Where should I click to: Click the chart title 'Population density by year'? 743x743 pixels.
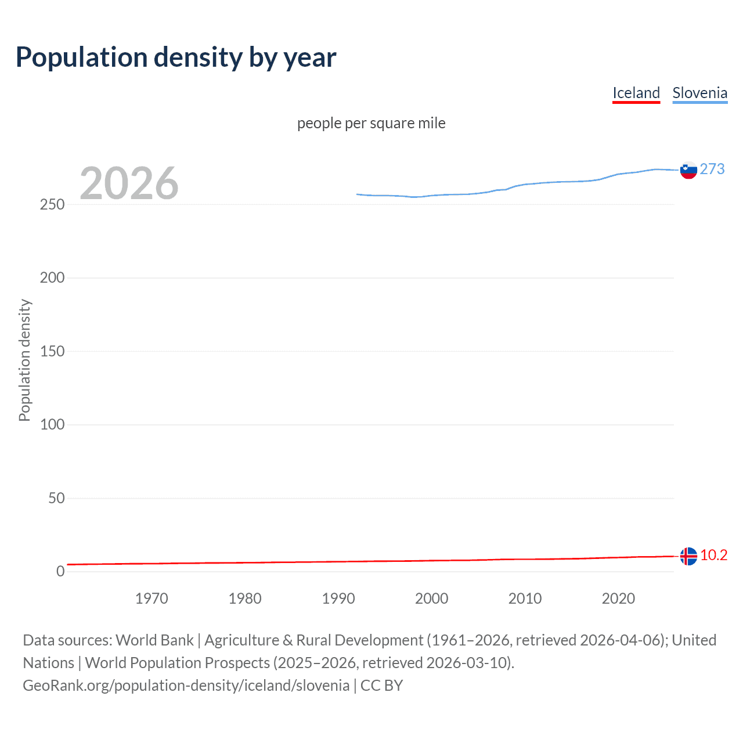pos(176,57)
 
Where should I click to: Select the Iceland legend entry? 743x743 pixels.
pos(636,93)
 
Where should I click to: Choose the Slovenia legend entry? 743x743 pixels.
pos(699,93)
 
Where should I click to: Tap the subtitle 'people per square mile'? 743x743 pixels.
pos(371,123)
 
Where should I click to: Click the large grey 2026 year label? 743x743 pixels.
pos(129,183)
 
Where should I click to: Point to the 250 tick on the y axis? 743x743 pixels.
pos(52,205)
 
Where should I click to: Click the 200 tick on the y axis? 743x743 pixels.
pos(52,278)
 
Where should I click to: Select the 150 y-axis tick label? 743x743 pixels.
pos(52,351)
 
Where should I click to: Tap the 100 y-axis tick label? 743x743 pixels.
pos(52,424)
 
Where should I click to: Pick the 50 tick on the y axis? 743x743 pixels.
pos(56,498)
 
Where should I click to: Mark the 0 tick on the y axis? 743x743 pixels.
pos(60,571)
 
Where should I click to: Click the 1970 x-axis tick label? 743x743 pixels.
pos(152,598)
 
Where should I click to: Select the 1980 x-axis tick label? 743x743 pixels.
pos(245,598)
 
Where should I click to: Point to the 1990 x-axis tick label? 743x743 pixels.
pos(338,598)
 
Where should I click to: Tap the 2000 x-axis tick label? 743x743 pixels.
pos(431,598)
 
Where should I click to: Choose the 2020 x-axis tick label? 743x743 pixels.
pos(618,598)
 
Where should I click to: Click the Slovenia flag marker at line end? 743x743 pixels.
pos(688,170)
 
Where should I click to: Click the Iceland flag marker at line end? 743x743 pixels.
pos(688,556)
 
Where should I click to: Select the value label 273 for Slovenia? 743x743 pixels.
pos(712,169)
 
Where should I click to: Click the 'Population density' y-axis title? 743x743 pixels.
pos(24,360)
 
